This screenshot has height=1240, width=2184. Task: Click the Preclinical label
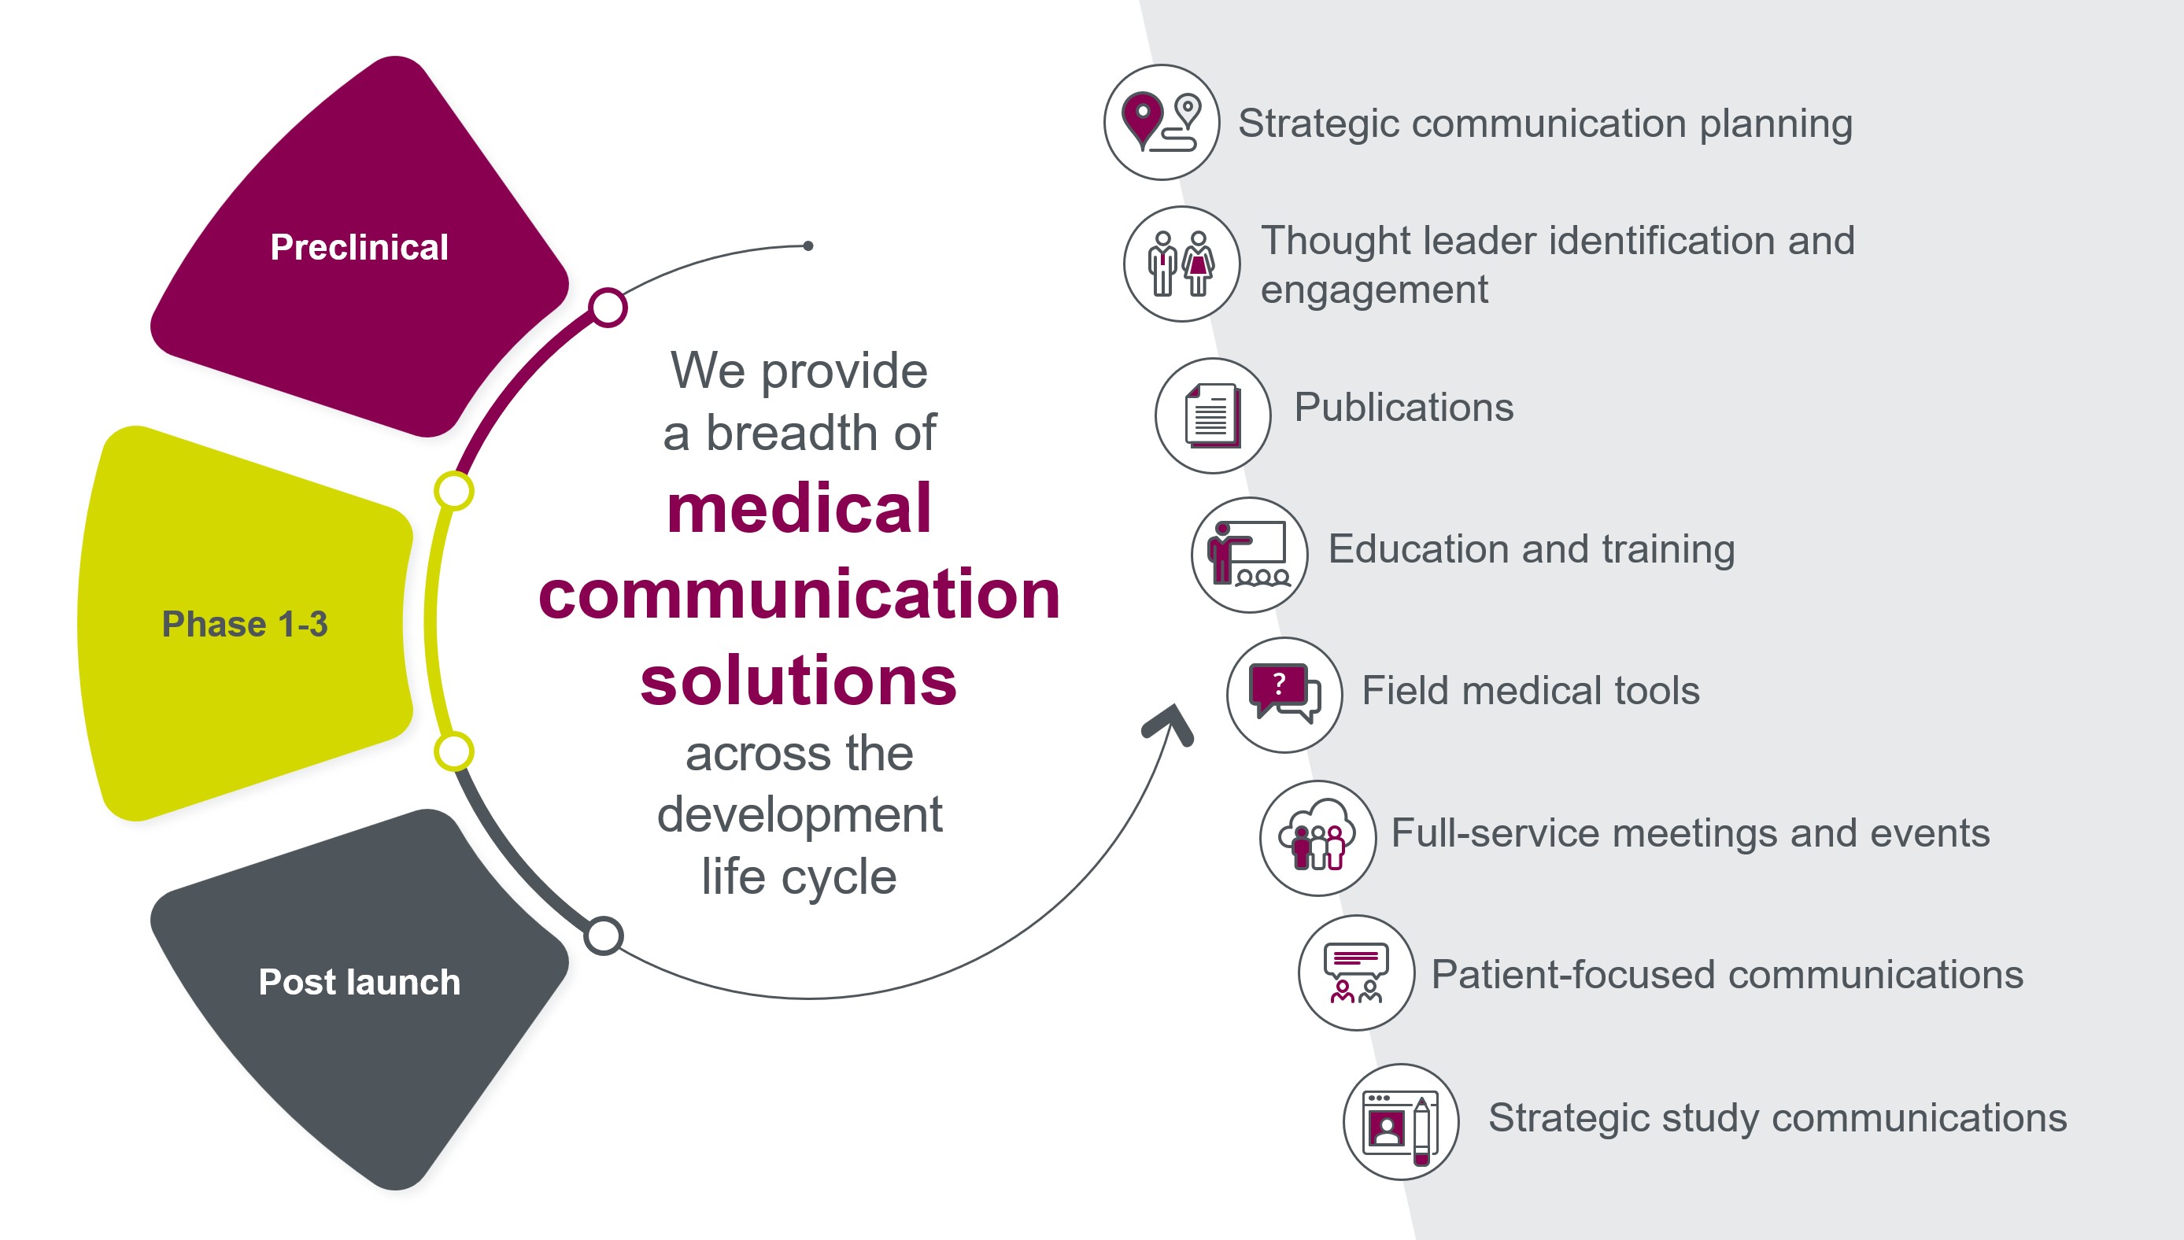pyautogui.click(x=359, y=247)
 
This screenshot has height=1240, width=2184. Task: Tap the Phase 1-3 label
pyautogui.click(x=245, y=624)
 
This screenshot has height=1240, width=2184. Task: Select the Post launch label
pyautogui.click(x=359, y=982)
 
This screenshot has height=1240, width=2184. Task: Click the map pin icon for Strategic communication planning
pyautogui.click(x=1161, y=123)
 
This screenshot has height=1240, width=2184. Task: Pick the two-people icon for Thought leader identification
pyautogui.click(x=1181, y=264)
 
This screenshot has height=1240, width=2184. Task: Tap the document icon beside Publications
pyautogui.click(x=1212, y=415)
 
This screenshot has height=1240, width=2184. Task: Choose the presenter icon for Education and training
pyautogui.click(x=1249, y=555)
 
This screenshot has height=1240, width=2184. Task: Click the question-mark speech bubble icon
pyautogui.click(x=1284, y=695)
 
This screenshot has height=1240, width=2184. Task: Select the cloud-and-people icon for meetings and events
pyautogui.click(x=1317, y=838)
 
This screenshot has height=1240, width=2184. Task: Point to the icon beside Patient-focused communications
pyautogui.click(x=1355, y=972)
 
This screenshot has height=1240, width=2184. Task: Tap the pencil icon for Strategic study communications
pyautogui.click(x=1421, y=1131)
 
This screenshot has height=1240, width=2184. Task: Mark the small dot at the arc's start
pyautogui.click(x=808, y=246)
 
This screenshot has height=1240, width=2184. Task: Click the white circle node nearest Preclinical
pyautogui.click(x=608, y=308)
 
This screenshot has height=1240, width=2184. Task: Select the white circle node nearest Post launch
pyautogui.click(x=604, y=936)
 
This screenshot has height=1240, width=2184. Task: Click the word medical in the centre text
pyautogui.click(x=799, y=508)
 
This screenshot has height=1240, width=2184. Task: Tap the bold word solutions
pyautogui.click(x=799, y=681)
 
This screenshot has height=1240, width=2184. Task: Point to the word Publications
pyautogui.click(x=1404, y=407)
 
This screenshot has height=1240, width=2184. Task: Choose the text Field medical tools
pyautogui.click(x=1531, y=691)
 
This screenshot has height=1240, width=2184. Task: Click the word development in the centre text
pyautogui.click(x=799, y=815)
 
